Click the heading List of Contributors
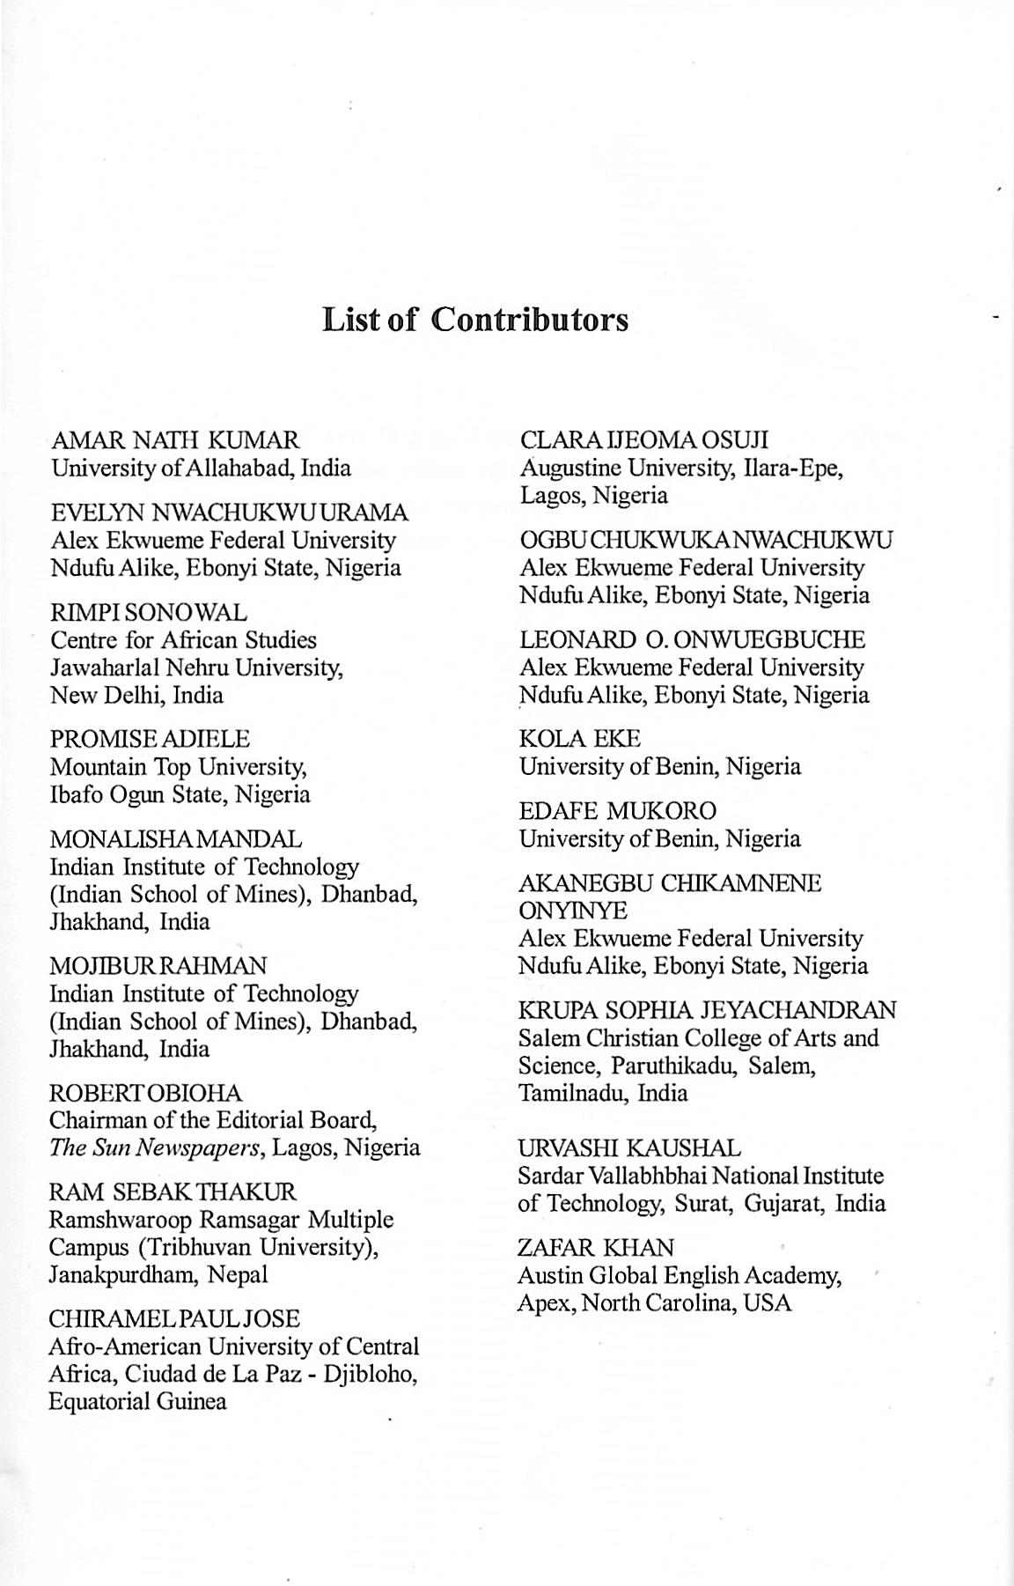pyautogui.click(x=475, y=319)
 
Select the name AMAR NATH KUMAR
pyautogui.click(x=175, y=440)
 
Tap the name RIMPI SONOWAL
pyautogui.click(x=149, y=612)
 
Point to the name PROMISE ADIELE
pyautogui.click(x=150, y=739)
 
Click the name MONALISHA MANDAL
pyautogui.click(x=175, y=839)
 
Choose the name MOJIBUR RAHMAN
pyautogui.click(x=158, y=966)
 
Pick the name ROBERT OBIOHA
pyautogui.click(x=145, y=1093)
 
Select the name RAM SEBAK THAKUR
pyautogui.click(x=173, y=1192)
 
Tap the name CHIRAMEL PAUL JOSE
pyautogui.click(x=174, y=1319)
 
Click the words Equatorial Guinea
pyautogui.click(x=137, y=1402)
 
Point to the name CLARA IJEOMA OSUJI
pyautogui.click(x=644, y=440)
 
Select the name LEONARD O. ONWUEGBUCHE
pyautogui.click(x=692, y=639)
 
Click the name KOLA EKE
pyautogui.click(x=580, y=739)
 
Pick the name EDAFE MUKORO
pyautogui.click(x=618, y=811)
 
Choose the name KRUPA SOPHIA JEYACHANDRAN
pyautogui.click(x=707, y=1010)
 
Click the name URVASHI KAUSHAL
pyautogui.click(x=629, y=1148)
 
